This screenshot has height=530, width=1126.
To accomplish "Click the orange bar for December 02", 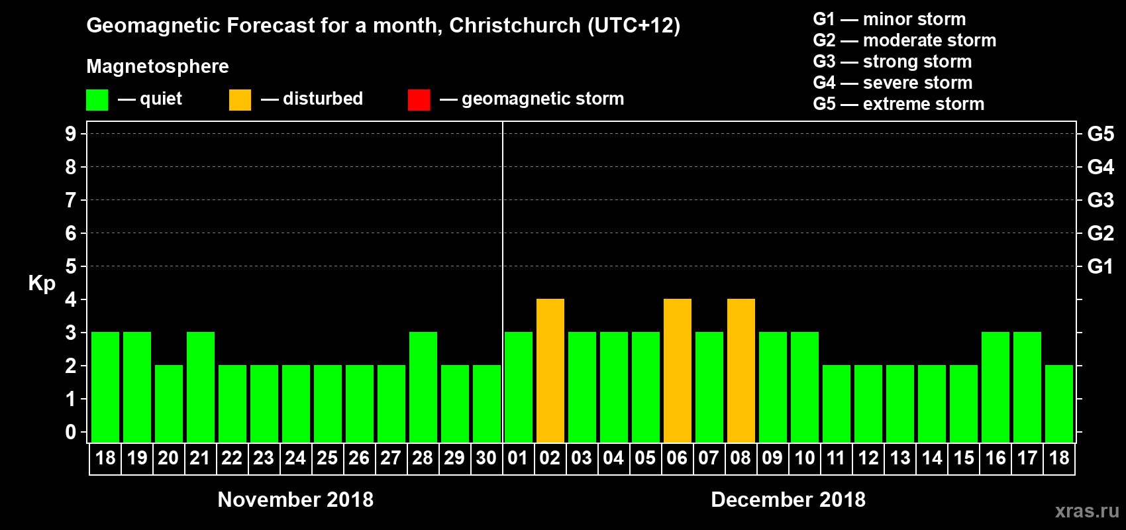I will coord(550,370).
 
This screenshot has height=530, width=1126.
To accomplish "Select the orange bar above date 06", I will coord(677,370).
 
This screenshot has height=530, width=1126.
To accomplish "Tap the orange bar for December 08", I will coord(741,370).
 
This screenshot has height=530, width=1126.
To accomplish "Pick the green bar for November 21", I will coord(200,387).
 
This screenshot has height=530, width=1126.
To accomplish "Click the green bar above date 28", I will coord(423,387).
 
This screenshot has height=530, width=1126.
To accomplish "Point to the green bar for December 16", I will coord(995,387).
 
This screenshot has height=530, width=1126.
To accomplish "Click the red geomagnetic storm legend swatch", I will coord(419,100).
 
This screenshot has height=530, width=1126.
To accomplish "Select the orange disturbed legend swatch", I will coord(240,100).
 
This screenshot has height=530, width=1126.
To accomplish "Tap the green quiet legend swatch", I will coord(97,100).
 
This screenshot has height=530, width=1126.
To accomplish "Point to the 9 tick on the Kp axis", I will coord(71,134).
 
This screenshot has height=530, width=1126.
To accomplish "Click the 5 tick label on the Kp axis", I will coord(71,266).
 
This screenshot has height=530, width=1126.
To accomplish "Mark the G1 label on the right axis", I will coord(1100,266).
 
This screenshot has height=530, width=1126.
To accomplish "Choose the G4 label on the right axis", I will coord(1100,167).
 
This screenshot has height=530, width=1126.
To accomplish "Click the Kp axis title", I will coord(42,283).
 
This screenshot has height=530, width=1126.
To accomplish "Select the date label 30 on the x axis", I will coord(486,458).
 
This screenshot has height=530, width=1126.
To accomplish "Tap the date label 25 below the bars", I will coord(327,458).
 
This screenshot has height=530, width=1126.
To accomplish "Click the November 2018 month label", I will coord(295,500).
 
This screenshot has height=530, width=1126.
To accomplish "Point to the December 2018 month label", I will coord(788,500).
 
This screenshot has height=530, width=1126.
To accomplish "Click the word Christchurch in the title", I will coord(515,25).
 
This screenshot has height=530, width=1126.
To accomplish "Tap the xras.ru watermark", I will coord(1087,511).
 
